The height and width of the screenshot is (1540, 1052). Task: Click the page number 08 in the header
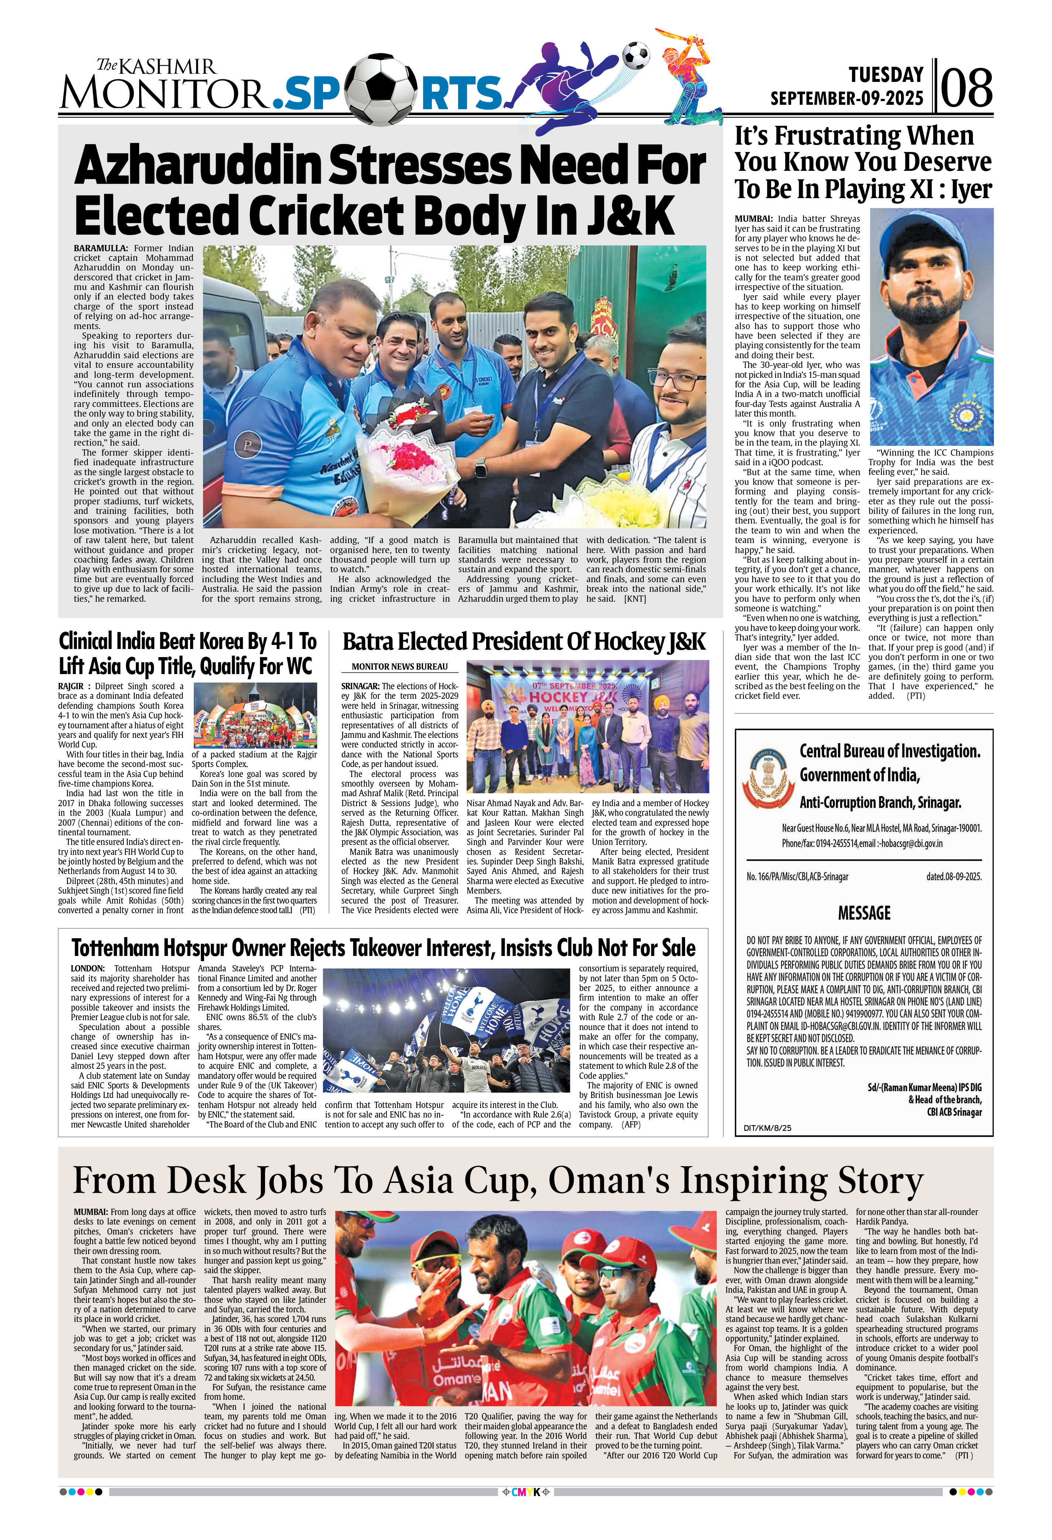tap(966, 87)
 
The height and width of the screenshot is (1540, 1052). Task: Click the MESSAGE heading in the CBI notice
tap(864, 913)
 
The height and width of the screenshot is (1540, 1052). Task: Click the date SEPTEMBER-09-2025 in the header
tap(846, 98)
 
